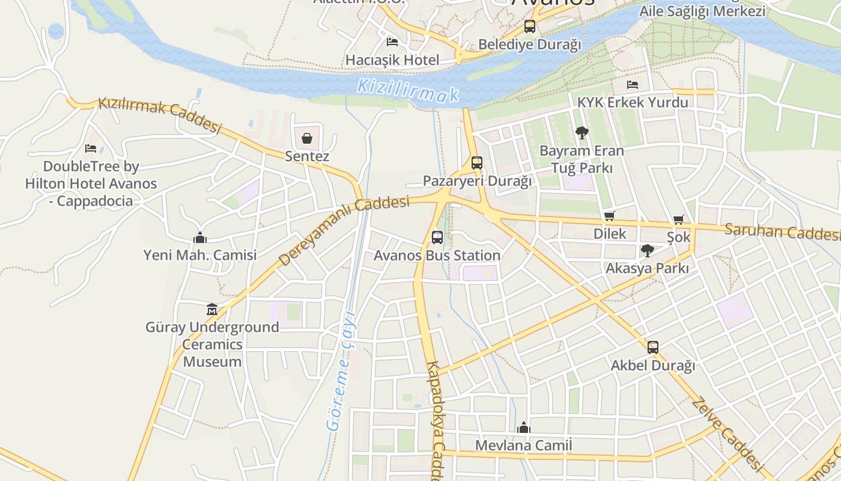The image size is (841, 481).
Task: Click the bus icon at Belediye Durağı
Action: coord(529,26)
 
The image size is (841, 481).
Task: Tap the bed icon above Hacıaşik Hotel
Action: coord(392,42)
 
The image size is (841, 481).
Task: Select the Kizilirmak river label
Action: coord(408,90)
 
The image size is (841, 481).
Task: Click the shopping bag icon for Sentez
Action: coord(307,139)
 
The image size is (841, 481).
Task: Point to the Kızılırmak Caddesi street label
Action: coord(160,114)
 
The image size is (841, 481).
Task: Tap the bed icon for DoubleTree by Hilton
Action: coord(91,149)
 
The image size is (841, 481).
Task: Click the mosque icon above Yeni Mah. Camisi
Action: coord(200,238)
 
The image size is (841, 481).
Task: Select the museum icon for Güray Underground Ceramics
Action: coord(211,310)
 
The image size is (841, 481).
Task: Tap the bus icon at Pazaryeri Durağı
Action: coord(477,163)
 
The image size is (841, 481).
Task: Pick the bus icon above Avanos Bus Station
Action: coord(437,237)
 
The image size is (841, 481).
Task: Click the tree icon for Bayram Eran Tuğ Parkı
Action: coord(581,133)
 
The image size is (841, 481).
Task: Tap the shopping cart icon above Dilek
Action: coord(610,216)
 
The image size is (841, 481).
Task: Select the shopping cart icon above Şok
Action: coord(679,220)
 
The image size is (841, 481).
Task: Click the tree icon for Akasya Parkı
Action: coord(647,251)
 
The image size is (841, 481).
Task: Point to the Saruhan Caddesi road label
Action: coord(782,231)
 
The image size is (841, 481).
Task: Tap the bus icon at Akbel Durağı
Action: coord(653,348)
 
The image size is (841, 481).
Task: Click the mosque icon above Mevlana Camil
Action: coord(524,427)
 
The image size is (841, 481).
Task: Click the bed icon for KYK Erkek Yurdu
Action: coord(632,85)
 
